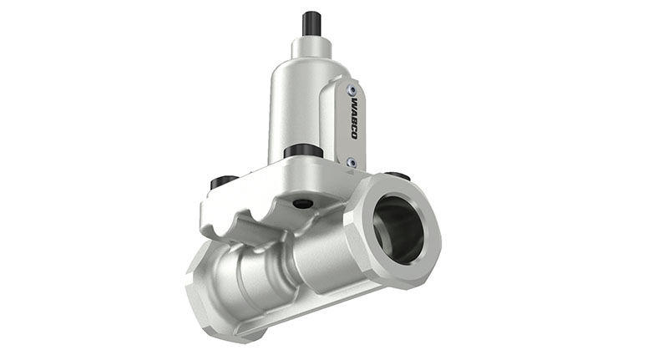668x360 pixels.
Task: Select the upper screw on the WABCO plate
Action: (x=352, y=89)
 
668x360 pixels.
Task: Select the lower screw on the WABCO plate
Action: (x=352, y=162)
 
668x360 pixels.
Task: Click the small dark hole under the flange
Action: (x=303, y=203)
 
